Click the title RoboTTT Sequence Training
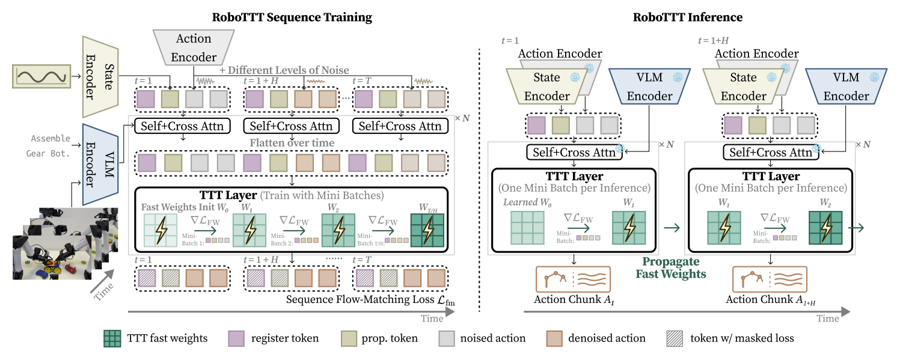coord(292,17)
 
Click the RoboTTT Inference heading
coord(687,17)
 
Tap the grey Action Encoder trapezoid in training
coord(194,47)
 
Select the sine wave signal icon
coord(41,76)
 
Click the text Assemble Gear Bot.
coord(48,146)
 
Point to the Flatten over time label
coord(292,142)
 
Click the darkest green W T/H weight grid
coord(427,230)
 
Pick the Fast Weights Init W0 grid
coord(161,230)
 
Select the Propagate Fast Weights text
coord(670,267)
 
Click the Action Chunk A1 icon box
coord(574,279)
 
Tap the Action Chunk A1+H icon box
coord(770,279)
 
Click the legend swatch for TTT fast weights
coord(112,339)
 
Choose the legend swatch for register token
coord(236,339)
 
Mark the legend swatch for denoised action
coord(554,339)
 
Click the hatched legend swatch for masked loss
coord(675,339)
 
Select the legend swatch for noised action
coord(446,339)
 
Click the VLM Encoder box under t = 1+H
coord(846,87)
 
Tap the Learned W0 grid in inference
coord(527,228)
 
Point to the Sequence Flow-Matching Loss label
coord(370,300)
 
